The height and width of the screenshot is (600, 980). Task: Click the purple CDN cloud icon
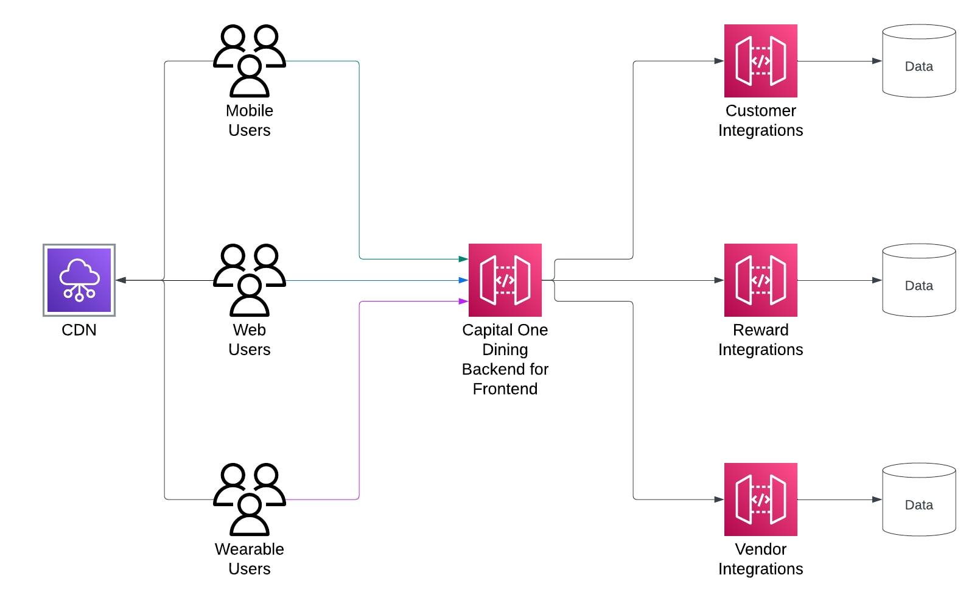pos(79,280)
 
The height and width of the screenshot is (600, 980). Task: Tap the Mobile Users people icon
pos(250,61)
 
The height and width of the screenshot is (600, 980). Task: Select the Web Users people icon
pos(250,280)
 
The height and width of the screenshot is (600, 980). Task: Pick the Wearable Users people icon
pos(250,499)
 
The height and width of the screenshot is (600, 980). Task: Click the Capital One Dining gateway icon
pos(505,280)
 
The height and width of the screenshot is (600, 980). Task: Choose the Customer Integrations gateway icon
pos(761,61)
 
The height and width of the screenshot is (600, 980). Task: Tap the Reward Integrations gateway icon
pos(761,280)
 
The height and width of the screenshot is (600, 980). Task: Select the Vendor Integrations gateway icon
pos(761,499)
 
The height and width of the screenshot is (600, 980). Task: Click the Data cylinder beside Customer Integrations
pos(919,61)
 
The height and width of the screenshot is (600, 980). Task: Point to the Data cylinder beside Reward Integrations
pos(919,280)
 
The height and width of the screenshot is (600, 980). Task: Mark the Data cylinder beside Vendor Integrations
pos(919,499)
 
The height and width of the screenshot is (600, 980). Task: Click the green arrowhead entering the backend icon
pos(463,259)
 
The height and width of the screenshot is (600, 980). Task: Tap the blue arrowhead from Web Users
pos(463,280)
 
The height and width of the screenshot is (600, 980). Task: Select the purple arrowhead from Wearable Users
pos(463,301)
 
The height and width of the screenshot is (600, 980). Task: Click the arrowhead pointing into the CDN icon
pos(121,280)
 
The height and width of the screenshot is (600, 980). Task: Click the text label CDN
pos(79,330)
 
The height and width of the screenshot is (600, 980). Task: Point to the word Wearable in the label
pos(250,549)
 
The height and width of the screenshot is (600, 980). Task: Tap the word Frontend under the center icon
pos(505,389)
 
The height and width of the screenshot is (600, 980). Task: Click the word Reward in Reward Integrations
pos(760,330)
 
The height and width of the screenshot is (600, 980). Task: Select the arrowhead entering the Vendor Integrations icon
pos(719,499)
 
